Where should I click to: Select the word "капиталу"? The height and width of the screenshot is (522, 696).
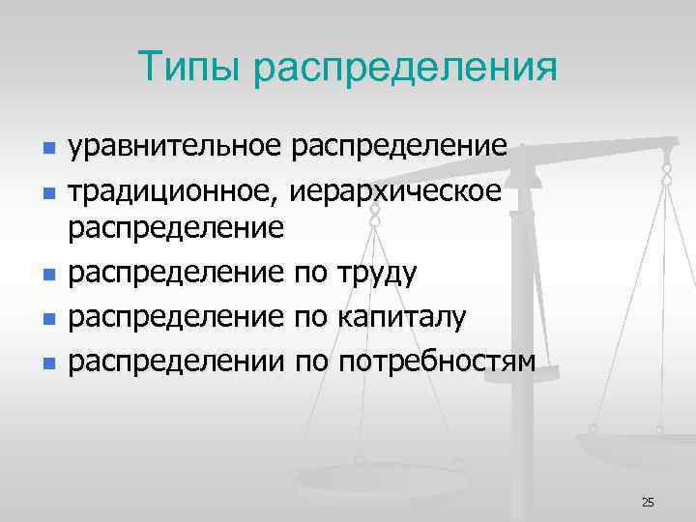(x=403, y=317)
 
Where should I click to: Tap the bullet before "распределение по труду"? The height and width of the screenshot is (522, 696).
(x=48, y=275)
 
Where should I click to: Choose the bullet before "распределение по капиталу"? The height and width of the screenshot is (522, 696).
(x=48, y=319)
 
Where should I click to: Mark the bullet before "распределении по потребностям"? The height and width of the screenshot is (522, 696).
(x=48, y=363)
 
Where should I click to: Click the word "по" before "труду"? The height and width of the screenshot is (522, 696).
(x=309, y=274)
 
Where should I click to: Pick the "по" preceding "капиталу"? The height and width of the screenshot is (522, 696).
(x=309, y=317)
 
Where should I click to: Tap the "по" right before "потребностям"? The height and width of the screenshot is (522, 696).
(x=309, y=362)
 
